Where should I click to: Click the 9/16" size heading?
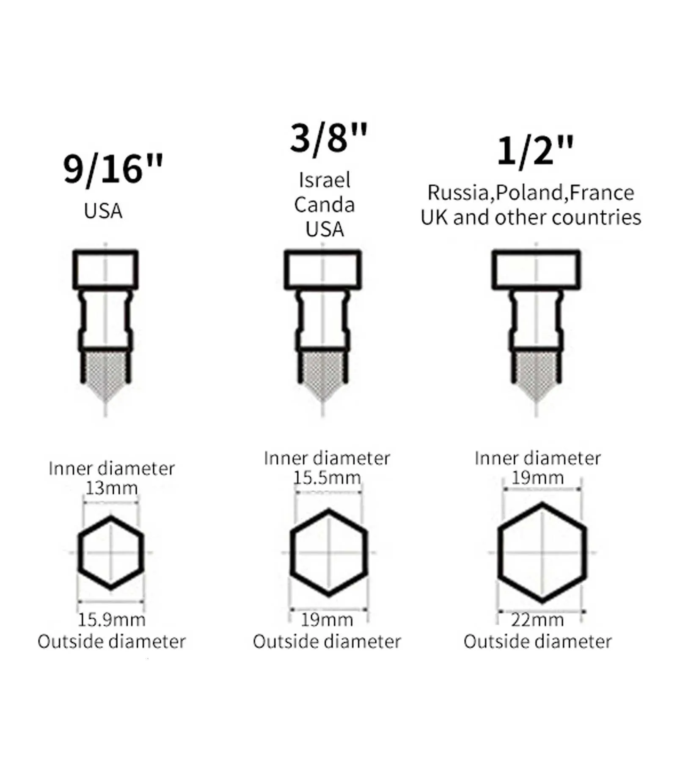pyautogui.click(x=113, y=169)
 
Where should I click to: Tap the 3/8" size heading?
pyautogui.click(x=329, y=138)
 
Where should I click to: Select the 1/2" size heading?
pyautogui.click(x=535, y=152)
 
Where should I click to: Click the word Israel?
pyautogui.click(x=325, y=180)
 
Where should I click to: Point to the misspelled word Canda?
pyautogui.click(x=325, y=204)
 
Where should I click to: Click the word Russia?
pyautogui.click(x=458, y=193)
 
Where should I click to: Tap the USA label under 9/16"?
pyautogui.click(x=103, y=211)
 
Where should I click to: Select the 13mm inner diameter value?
pyautogui.click(x=112, y=488)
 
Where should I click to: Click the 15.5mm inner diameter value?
pyautogui.click(x=327, y=478)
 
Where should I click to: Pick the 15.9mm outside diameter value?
pyautogui.click(x=112, y=620)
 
